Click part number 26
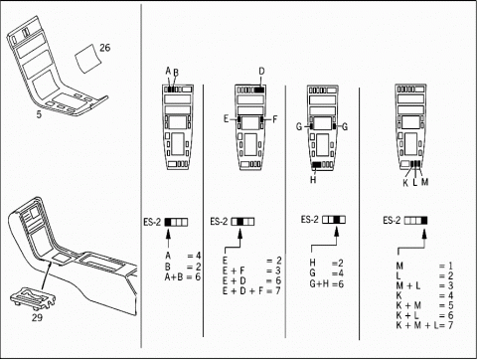tap(104, 48)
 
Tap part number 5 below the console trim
tap(39, 114)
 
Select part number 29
tap(37, 317)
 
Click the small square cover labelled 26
tap(87, 59)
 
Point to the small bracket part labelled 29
tap(32, 297)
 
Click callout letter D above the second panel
tap(261, 72)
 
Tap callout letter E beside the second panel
tap(227, 119)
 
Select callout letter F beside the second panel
tap(274, 119)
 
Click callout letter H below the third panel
tap(313, 180)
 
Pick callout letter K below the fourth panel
tap(405, 183)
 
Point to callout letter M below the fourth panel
tap(424, 182)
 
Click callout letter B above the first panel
tap(176, 73)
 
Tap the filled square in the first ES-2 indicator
tap(169, 222)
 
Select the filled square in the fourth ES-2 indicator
tap(424, 221)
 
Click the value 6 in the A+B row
tap(198, 276)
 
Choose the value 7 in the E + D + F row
tap(278, 290)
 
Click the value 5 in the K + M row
tap(450, 305)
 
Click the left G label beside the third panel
tap(299, 126)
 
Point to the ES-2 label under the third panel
tap(310, 220)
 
